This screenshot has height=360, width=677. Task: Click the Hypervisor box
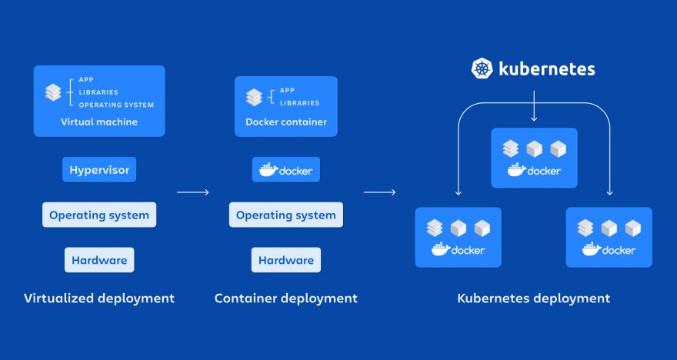99,170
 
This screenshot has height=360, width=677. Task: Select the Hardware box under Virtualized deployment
99,260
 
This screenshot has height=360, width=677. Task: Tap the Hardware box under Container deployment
286,260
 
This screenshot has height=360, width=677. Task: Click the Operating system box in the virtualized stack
99,215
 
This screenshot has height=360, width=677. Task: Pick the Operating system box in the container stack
286,215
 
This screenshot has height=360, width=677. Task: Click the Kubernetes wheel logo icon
482,68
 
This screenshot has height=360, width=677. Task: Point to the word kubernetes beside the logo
546,68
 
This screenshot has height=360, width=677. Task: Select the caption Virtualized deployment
99,298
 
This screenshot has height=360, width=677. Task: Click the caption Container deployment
286,298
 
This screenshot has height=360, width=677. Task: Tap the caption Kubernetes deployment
534,298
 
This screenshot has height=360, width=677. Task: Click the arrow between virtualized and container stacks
192,192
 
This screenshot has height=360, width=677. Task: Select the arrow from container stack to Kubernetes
379,192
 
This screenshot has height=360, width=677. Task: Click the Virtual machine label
99,122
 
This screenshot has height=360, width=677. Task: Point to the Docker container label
286,122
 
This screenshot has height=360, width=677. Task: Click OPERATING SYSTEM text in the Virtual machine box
116,105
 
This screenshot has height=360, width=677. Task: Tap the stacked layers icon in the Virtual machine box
53,92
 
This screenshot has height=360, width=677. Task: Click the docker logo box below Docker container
286,170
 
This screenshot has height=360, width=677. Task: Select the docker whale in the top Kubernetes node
516,170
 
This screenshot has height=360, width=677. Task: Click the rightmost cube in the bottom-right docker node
632,228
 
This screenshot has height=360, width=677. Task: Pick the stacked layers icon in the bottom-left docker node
435,228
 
